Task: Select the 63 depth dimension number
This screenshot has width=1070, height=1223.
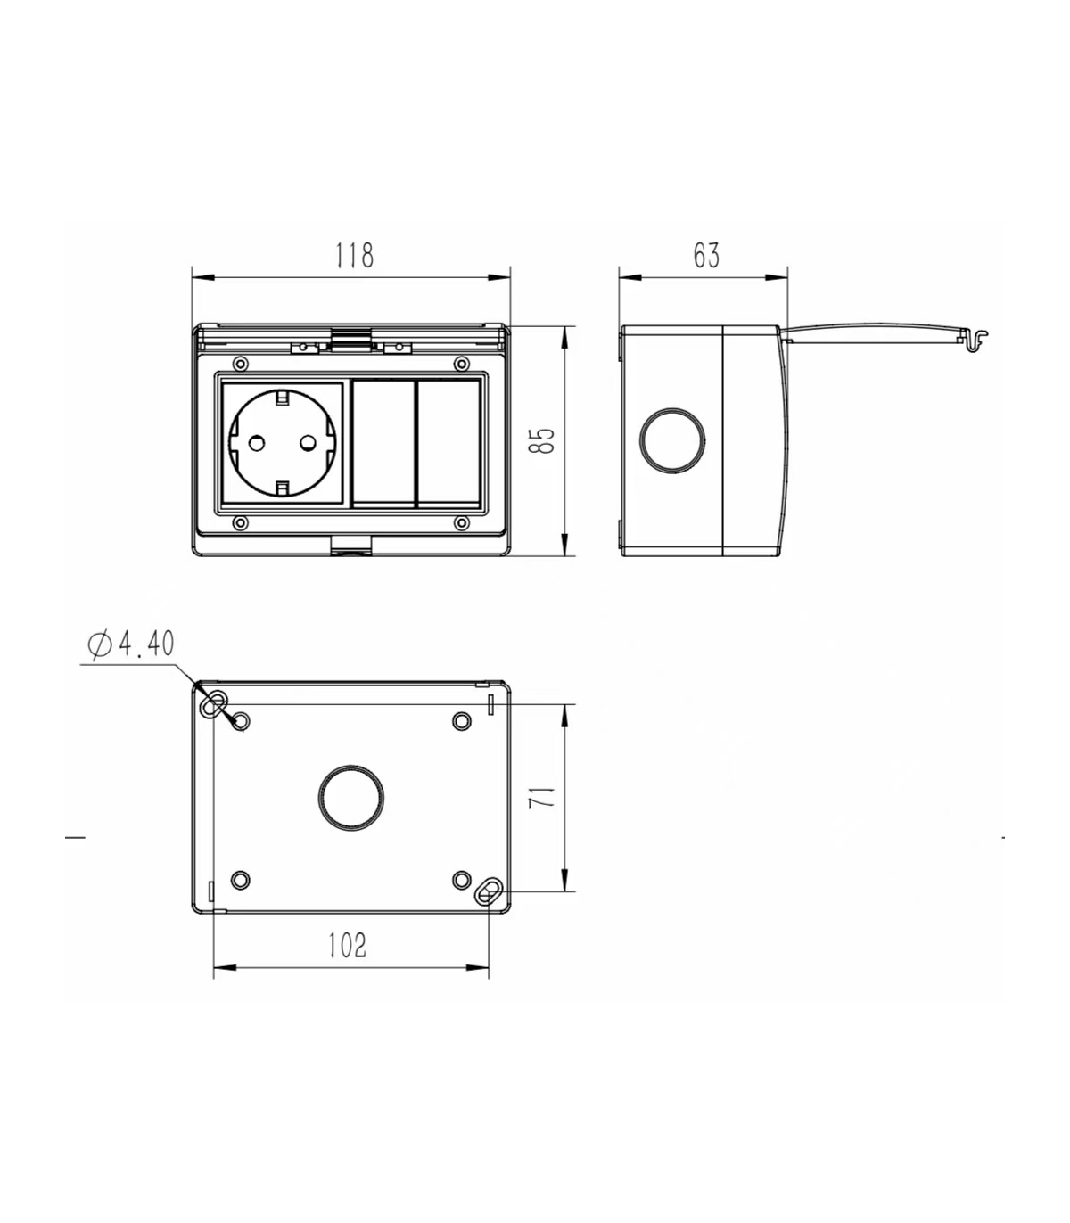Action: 706,255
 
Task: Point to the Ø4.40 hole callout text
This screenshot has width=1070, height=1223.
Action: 131,644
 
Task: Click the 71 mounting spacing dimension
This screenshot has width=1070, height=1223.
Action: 542,798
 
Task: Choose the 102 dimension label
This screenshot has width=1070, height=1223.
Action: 347,945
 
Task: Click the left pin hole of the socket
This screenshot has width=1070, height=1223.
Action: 256,443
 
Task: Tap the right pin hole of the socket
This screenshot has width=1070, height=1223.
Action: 309,443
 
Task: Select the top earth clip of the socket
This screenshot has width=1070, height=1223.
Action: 282,397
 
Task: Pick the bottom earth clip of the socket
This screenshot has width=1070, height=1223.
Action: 282,488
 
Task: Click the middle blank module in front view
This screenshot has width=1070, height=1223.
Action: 383,444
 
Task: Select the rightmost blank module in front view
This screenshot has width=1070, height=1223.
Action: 449,444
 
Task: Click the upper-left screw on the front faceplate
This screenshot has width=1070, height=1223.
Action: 240,363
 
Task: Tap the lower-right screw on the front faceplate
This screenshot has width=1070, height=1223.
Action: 461,523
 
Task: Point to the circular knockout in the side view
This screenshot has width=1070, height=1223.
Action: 672,441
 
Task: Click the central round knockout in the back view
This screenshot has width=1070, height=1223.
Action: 351,798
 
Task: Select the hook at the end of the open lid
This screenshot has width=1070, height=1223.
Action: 975,340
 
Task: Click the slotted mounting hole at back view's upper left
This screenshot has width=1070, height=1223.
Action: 214,704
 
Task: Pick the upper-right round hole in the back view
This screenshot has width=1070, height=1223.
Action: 461,721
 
